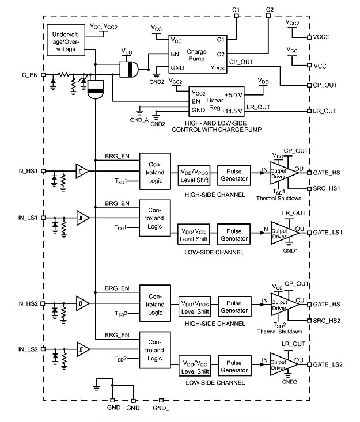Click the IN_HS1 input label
[27, 171]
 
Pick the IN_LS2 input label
[27, 349]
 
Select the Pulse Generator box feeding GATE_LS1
[234, 231]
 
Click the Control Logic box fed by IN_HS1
[155, 171]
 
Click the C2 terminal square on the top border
[269, 16]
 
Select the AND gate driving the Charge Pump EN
[128, 70]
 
